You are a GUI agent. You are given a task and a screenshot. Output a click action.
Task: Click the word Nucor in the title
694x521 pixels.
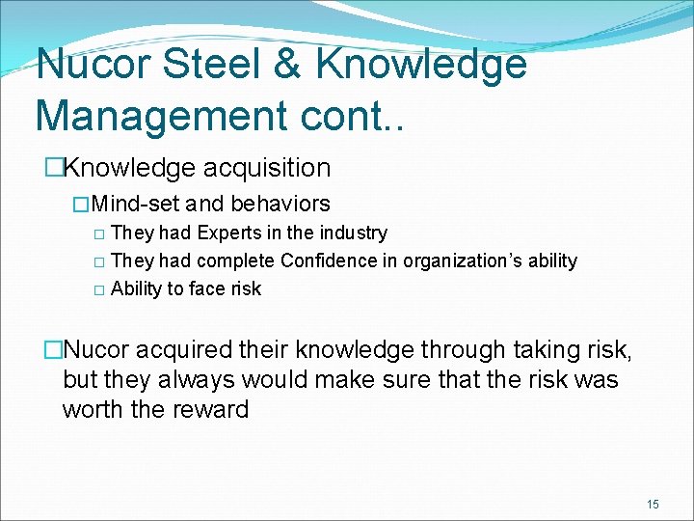click(94, 66)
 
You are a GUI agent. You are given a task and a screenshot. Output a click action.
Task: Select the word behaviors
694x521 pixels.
click(280, 205)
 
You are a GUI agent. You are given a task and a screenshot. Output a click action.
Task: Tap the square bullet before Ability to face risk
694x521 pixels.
click(98, 289)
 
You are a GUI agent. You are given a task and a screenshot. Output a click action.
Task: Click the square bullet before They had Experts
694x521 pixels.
click(98, 233)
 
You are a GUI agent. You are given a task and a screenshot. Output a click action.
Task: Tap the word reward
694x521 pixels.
click(211, 409)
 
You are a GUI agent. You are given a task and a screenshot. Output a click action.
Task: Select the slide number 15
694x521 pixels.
click(653, 504)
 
